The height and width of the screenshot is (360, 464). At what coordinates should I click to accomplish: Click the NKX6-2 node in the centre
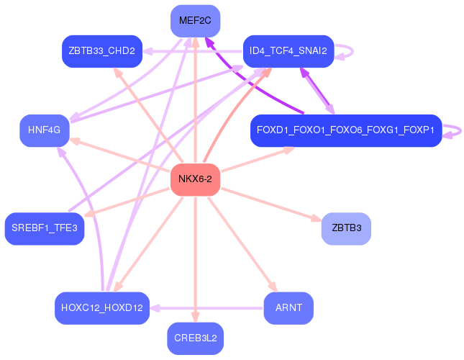(x=195, y=179)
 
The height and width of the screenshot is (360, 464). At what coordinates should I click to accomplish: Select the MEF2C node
(x=195, y=21)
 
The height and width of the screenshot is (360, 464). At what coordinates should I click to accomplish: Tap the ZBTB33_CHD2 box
(x=101, y=51)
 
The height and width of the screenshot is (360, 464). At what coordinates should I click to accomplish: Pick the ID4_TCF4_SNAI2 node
(x=288, y=51)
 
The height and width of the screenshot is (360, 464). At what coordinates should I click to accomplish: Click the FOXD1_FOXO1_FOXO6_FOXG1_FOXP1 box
(x=345, y=130)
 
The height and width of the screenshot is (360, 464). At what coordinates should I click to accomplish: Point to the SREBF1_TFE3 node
(x=45, y=228)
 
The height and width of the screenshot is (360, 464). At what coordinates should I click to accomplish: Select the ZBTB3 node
(x=346, y=228)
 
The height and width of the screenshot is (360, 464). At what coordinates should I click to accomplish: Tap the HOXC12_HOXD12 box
(x=102, y=307)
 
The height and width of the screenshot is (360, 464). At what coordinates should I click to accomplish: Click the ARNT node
(x=288, y=307)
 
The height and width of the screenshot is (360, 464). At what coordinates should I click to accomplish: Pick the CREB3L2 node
(x=195, y=338)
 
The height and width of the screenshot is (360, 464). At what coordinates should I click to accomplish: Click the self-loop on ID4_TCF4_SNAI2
(x=347, y=51)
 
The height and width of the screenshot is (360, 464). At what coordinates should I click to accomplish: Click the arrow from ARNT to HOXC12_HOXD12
(x=209, y=307)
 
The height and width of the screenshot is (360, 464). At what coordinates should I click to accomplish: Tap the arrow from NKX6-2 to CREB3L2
(x=195, y=259)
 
